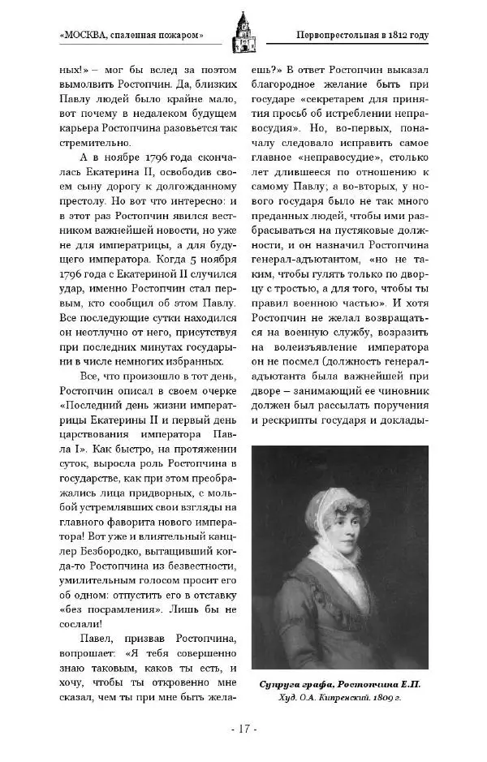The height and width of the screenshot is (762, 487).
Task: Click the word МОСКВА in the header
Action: click(91, 36)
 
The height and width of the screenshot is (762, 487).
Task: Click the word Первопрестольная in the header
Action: click(325, 36)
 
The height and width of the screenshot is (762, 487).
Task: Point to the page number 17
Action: click(243, 729)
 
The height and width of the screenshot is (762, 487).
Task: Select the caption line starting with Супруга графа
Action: click(340, 683)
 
